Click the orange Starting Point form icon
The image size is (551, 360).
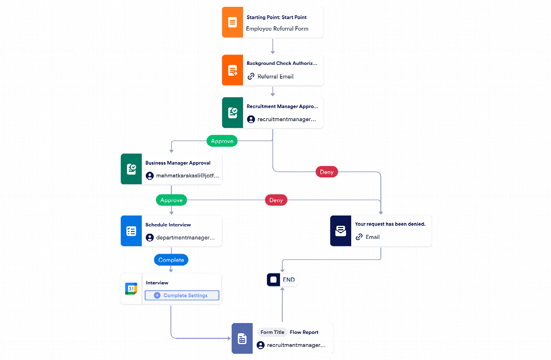232,23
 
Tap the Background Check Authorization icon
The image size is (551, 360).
232,71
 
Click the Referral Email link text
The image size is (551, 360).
275,76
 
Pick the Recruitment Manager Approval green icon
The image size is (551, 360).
232,113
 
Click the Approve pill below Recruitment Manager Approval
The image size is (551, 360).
222,140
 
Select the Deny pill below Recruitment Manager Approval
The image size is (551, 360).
327,171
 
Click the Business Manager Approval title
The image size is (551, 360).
178,163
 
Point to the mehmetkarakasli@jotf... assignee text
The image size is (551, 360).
187,176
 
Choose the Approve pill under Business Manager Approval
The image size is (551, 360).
171,200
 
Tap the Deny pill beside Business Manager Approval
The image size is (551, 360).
275,200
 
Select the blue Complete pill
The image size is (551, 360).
171,260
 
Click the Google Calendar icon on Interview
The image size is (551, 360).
131,289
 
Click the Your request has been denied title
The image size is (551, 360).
390,224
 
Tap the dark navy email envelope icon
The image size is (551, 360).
340,231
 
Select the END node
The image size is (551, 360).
282,280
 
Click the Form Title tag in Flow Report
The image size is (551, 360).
272,332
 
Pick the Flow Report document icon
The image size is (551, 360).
242,339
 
